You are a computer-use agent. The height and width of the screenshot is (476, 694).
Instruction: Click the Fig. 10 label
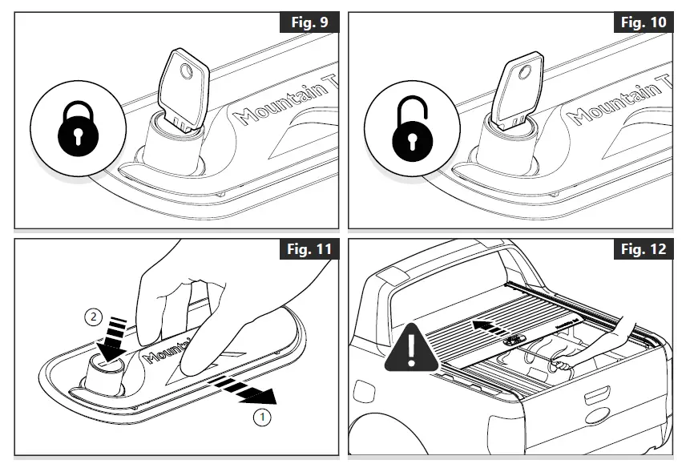coord(644,22)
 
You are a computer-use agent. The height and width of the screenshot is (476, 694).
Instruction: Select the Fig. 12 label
coord(644,248)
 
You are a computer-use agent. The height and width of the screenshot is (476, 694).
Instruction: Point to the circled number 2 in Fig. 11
coord(93,317)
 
